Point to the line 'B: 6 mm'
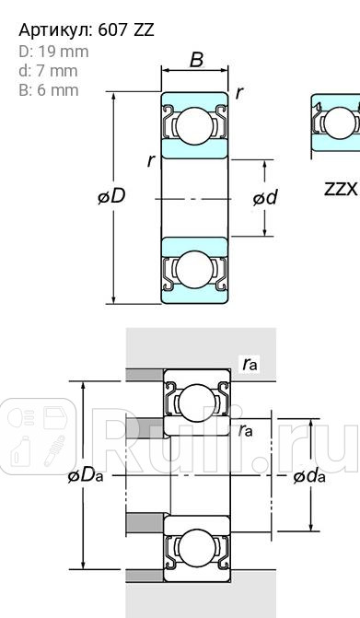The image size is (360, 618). pos(49,90)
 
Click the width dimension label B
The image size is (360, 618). pos(196,61)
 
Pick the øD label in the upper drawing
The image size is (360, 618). pos(111,197)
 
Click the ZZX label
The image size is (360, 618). pos(341,189)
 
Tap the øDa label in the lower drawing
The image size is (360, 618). pos(85,475)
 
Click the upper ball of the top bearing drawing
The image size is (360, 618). pos(194,124)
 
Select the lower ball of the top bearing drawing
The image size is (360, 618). pos(194,270)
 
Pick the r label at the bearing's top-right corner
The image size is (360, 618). pos(239,92)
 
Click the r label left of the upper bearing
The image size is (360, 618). pos(150,160)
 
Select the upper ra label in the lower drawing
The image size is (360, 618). pos(250,365)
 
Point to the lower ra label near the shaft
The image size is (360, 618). pos(246,430)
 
